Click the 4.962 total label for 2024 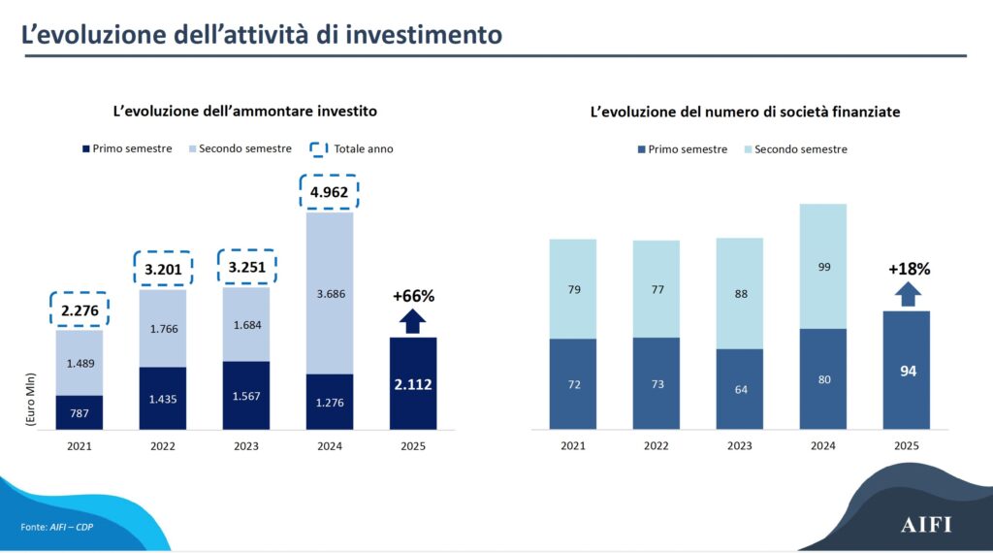[x=330, y=192]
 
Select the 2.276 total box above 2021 [x=80, y=310]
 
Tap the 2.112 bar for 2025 [x=413, y=383]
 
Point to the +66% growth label [x=413, y=296]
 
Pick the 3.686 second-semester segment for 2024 [x=330, y=293]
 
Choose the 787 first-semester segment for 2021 [x=80, y=412]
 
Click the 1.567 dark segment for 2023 [x=246, y=395]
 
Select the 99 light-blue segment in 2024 [x=823, y=267]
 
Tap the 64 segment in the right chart [x=740, y=389]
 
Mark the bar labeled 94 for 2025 [x=907, y=370]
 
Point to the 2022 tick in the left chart [x=163, y=446]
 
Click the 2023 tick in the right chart [x=740, y=446]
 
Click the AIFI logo [x=926, y=525]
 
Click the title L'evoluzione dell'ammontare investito [x=245, y=112]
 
